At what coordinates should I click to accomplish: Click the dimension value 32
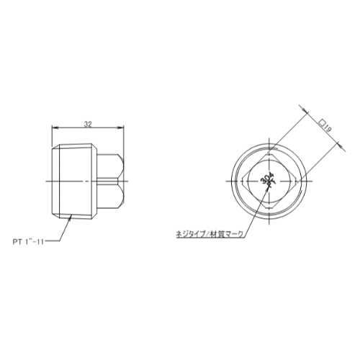pyautogui.click(x=88, y=124)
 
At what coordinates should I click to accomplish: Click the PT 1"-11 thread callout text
pyautogui.click(x=28, y=242)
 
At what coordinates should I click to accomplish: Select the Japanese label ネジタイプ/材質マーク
pyautogui.click(x=210, y=234)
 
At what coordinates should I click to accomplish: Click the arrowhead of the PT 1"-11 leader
pyautogui.click(x=70, y=217)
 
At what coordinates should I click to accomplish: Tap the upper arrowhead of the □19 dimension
pyautogui.click(x=305, y=110)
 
